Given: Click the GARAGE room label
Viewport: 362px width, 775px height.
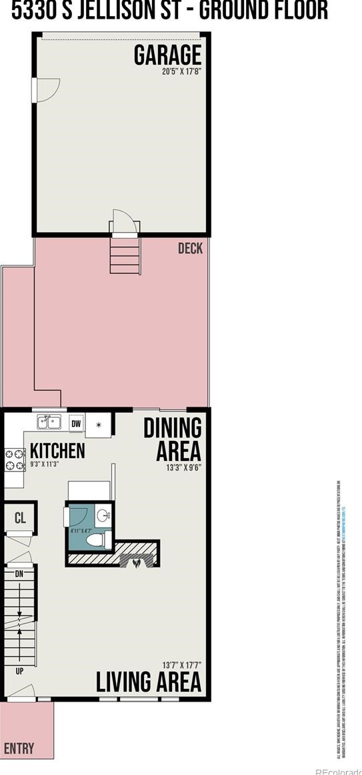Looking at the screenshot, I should (x=167, y=55).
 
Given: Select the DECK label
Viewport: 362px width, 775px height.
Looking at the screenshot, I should (x=190, y=249).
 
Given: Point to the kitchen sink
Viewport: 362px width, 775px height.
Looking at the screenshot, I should (x=49, y=422).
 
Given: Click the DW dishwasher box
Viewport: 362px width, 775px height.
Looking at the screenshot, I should (x=76, y=423).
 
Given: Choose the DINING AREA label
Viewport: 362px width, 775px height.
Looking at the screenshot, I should (x=172, y=439).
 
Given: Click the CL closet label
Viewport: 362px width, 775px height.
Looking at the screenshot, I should (x=19, y=518).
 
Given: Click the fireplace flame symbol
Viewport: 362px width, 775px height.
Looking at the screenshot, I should (x=136, y=562).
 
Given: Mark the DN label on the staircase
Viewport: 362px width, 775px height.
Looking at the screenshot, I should (x=19, y=573).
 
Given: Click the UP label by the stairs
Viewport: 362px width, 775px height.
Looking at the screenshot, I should (x=19, y=670).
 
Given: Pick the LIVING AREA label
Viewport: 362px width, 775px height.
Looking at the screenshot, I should (x=148, y=682).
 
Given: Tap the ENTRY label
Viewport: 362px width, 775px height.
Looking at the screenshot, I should (x=19, y=748).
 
